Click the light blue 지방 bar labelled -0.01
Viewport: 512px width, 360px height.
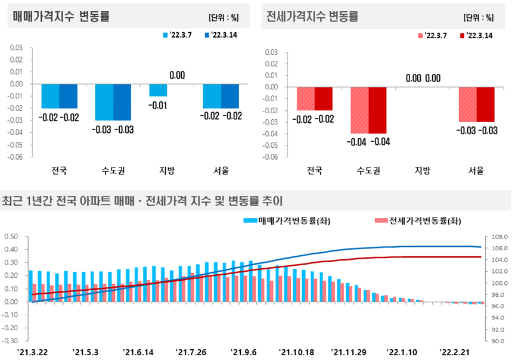pyautogui.click(x=158, y=90)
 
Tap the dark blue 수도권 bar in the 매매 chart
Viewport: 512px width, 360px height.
pyautogui.click(x=122, y=103)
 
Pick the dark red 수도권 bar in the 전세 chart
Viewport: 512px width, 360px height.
pyautogui.click(x=377, y=110)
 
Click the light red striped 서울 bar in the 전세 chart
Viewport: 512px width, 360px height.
pyautogui.click(x=467, y=104)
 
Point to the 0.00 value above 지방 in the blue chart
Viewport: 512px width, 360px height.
pyautogui.click(x=177, y=76)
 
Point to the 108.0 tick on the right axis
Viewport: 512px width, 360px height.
pyautogui.click(x=499, y=237)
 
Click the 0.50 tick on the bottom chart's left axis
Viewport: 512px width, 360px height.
pyautogui.click(x=11, y=237)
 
